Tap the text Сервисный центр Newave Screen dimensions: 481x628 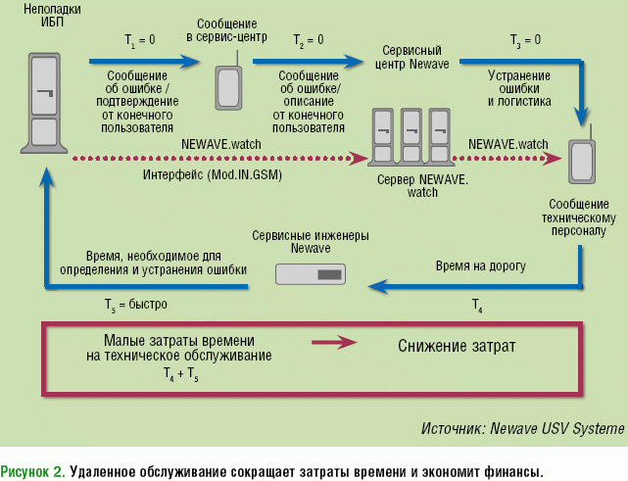pyautogui.click(x=408, y=56)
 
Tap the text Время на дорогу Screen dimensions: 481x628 pyautogui.click(x=480, y=265)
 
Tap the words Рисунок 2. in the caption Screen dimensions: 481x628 pyautogui.click(x=33, y=468)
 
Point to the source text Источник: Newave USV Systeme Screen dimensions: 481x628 pyautogui.click(x=521, y=428)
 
